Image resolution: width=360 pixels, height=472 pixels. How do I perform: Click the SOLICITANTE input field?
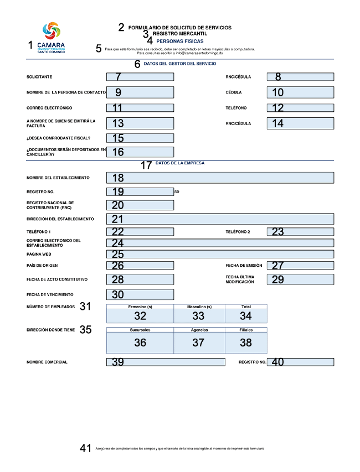pos(140,77)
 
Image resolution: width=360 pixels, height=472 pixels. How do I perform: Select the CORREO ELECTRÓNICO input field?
pos(140,108)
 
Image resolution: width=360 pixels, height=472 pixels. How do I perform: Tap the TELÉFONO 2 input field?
pos(300,232)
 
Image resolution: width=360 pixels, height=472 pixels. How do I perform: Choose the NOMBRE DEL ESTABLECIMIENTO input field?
pos(220,178)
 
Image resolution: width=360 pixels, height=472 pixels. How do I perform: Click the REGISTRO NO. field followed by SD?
pos(140,192)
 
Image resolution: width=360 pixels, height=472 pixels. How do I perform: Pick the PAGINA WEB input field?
pos(220,255)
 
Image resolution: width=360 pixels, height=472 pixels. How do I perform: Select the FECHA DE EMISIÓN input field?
pos(300,266)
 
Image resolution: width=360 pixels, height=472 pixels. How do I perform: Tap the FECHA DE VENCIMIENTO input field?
pos(140,294)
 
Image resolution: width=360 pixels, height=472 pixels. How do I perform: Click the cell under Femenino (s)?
pos(140,316)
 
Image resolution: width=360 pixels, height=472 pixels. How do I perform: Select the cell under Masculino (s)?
pos(199,316)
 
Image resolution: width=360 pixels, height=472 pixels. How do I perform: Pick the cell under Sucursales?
pos(140,343)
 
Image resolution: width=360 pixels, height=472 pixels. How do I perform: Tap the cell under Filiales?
pos(246,343)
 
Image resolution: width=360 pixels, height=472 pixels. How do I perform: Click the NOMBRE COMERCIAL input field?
pos(166,362)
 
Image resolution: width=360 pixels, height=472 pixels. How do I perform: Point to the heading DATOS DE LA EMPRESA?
pos(180,163)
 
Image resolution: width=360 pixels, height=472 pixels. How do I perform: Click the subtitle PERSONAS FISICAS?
pos(180,41)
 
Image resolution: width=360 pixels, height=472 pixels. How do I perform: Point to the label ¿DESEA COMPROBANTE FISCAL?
pos(58,138)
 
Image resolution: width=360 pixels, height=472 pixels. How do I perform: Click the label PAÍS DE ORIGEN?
pos(43,266)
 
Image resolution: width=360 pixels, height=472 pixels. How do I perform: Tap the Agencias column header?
pos(199,330)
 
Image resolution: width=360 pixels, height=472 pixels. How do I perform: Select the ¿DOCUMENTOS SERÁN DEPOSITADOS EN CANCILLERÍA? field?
pos(140,152)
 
